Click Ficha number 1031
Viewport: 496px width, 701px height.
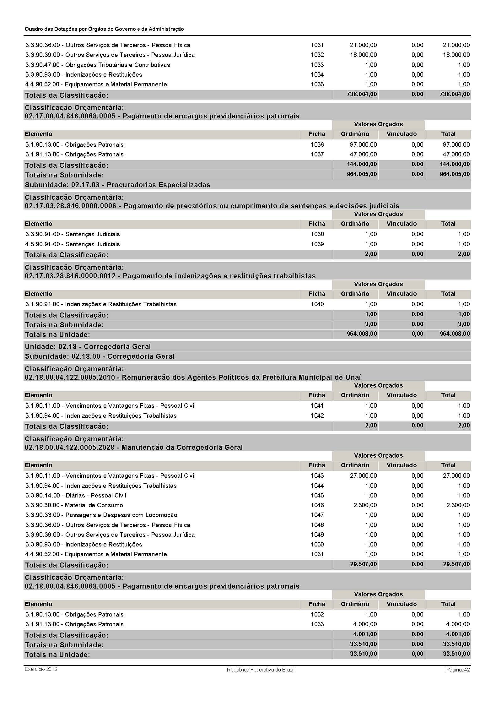[x=317, y=45]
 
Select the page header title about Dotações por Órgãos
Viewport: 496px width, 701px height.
[x=104, y=29]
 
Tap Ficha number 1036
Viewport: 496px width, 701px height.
[x=317, y=144]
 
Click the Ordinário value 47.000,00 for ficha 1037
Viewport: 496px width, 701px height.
[x=363, y=154]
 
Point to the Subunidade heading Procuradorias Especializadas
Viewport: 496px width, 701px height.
[x=117, y=185]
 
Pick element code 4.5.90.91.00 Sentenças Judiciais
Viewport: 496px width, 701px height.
[x=73, y=244]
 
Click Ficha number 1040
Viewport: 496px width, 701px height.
[x=317, y=304]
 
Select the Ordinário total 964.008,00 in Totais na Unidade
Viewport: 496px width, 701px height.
[x=362, y=334]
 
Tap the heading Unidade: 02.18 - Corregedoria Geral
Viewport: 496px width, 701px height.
[x=88, y=346]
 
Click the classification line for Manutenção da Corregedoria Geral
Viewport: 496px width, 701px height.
[x=134, y=447]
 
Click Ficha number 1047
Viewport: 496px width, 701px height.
[x=317, y=515]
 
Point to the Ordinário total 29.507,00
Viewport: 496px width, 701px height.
[x=363, y=564]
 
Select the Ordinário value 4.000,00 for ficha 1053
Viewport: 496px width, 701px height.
[x=365, y=624]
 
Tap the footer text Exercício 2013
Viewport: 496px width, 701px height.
[x=41, y=669]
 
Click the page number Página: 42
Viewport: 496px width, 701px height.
[x=458, y=670]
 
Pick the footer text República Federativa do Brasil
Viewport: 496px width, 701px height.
[x=261, y=670]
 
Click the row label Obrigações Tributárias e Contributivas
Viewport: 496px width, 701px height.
[x=98, y=65]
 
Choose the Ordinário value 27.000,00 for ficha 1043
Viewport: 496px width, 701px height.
[x=363, y=475]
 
